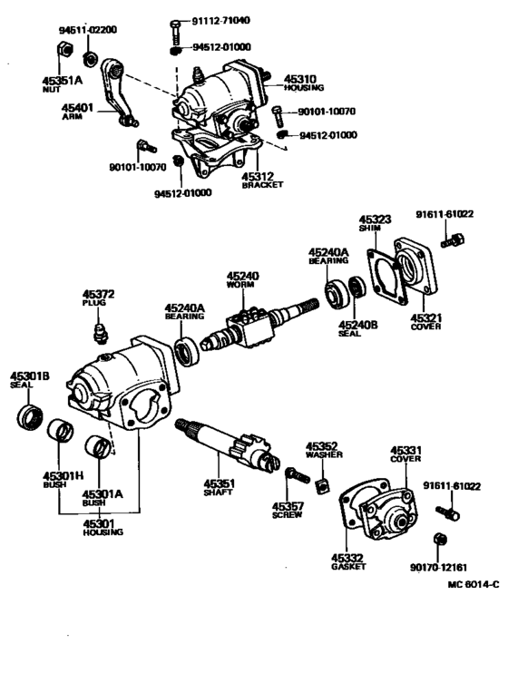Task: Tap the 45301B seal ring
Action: coord(29,419)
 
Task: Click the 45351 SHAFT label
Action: coord(218,487)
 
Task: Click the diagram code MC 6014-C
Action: coord(471,584)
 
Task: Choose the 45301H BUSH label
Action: coord(59,479)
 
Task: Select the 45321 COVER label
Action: coord(425,323)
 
